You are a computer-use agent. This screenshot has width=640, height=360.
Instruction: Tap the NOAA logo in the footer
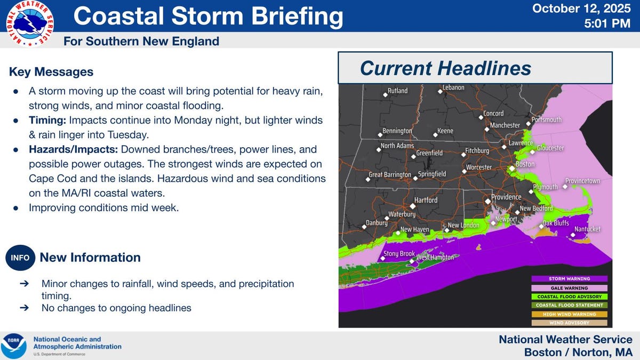tap(14, 346)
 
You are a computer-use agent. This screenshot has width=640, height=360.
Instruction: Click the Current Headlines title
tap(445, 68)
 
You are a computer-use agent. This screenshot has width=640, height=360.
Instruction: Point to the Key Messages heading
tap(51, 71)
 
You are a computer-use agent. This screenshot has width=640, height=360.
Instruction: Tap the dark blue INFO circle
tap(20, 258)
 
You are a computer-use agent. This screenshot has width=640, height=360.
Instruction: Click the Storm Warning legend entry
tap(570, 278)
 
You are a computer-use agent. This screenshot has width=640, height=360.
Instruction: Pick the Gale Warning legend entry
tap(570, 287)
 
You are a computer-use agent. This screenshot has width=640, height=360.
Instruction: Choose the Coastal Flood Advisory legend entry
tap(570, 297)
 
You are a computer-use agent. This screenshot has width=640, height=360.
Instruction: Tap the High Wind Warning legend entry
tap(570, 314)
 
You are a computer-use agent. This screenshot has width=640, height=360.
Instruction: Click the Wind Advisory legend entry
tap(570, 323)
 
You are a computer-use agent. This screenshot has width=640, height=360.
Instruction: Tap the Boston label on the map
tap(525, 164)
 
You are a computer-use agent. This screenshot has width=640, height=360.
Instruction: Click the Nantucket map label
tap(587, 229)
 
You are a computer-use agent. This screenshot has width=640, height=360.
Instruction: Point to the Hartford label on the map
tap(426, 201)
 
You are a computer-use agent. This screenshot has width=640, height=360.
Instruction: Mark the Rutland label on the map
tap(397, 91)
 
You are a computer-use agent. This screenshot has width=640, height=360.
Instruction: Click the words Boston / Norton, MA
tap(578, 352)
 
